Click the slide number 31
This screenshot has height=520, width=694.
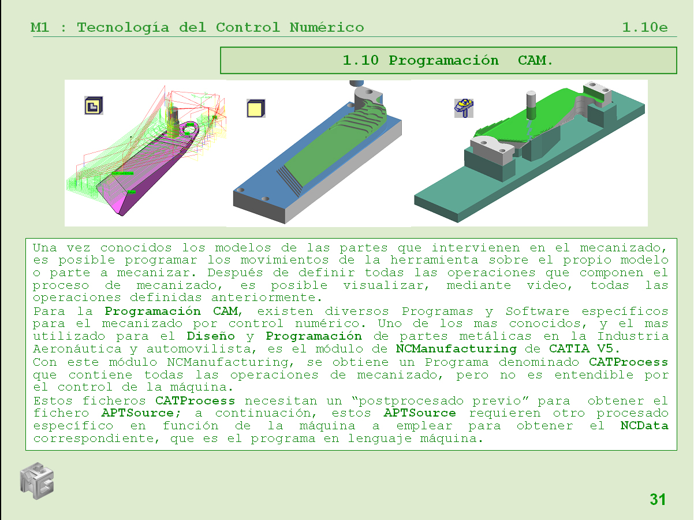pyautogui.click(x=658, y=500)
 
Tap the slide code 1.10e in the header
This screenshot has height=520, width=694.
pyautogui.click(x=645, y=27)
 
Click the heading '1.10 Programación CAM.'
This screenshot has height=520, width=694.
pyautogui.click(x=448, y=60)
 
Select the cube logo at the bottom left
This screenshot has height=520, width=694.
pyautogui.click(x=37, y=480)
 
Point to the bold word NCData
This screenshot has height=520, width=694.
pyautogui.click(x=644, y=426)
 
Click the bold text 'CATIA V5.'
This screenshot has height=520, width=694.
pyautogui.click(x=584, y=348)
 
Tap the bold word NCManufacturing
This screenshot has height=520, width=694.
pyautogui.click(x=456, y=348)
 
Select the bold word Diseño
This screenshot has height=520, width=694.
pyautogui.click(x=211, y=336)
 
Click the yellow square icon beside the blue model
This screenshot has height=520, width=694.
pyautogui.click(x=256, y=108)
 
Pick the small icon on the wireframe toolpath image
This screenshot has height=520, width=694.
pyautogui.click(x=94, y=105)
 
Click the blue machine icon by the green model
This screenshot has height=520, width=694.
pyautogui.click(x=464, y=107)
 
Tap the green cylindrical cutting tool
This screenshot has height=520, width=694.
pyautogui.click(x=532, y=106)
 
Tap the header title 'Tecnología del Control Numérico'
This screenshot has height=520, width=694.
pyautogui.click(x=220, y=27)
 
